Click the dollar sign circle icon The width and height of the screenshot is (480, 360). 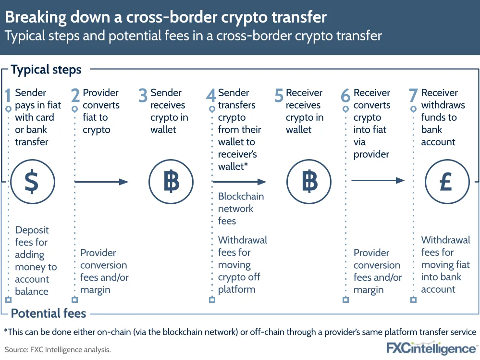coord(31,182)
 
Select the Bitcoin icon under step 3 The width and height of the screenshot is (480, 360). coord(171,182)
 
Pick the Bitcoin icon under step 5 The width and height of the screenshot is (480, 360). coord(309,182)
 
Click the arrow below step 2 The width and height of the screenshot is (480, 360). coord(102,182)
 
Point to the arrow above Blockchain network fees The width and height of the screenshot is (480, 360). coord(239,182)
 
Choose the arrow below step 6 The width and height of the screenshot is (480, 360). coord(378,180)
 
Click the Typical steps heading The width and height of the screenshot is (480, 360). coord(46,70)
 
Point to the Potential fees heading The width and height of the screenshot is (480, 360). coord(48,314)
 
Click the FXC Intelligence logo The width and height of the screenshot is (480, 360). coord(432,347)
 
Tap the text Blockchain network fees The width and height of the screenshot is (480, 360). coord(241,209)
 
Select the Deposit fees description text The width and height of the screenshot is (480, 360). coord(36,261)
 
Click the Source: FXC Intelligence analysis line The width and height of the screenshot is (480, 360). coord(58,349)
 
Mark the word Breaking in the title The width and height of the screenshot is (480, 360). coord(33,17)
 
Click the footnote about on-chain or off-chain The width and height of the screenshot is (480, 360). coord(240,332)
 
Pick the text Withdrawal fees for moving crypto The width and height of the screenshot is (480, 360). coord(242,264)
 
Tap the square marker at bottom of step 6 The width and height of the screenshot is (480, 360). coord(345,300)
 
